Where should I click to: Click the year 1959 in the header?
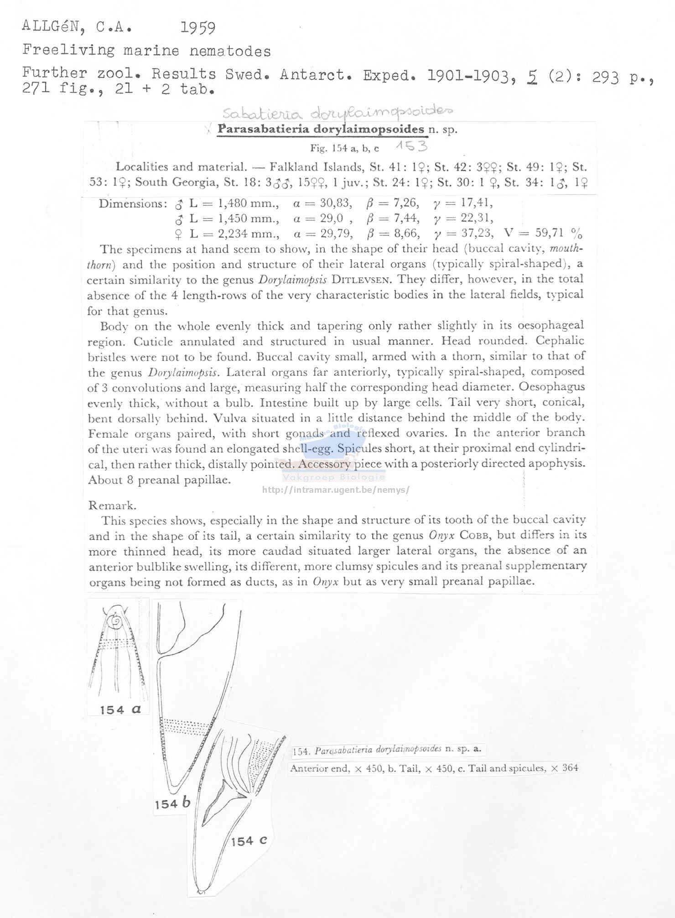tap(197, 28)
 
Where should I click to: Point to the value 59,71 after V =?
tap(549, 233)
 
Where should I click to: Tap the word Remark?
tap(112, 505)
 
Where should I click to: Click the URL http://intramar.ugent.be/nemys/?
tap(336, 490)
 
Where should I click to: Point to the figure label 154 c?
tap(249, 841)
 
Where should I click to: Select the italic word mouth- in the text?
tap(566, 249)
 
